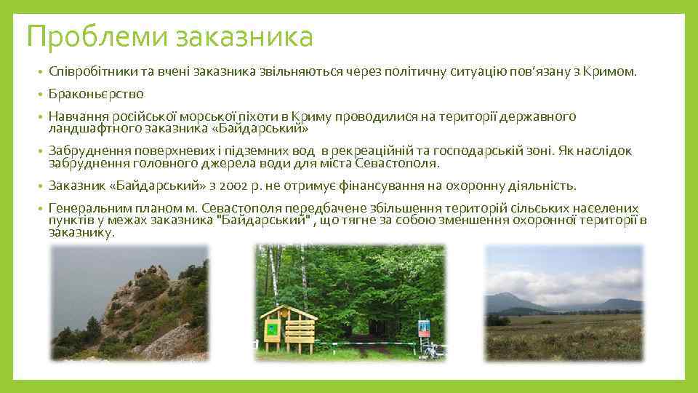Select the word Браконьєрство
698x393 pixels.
[x=96, y=94]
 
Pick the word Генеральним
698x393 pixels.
[x=87, y=208]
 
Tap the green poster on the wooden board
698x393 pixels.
[x=273, y=329]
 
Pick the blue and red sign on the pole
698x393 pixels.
[x=424, y=327]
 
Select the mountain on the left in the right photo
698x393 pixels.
[x=509, y=300]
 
